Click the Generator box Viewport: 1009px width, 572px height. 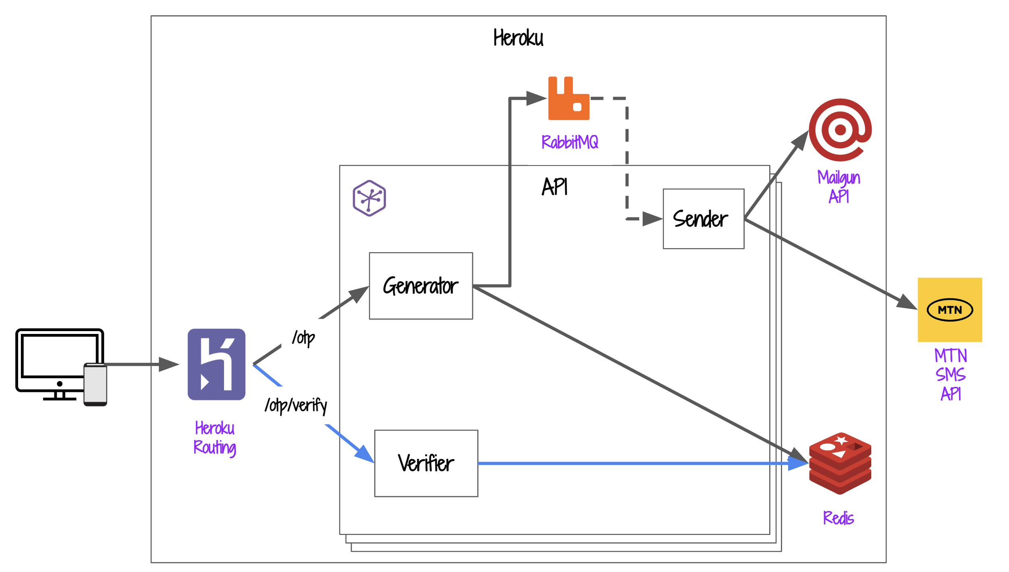(x=421, y=286)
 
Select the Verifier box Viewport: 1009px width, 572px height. (x=426, y=463)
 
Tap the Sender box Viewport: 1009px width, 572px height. (x=703, y=219)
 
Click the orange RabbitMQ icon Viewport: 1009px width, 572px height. (x=569, y=99)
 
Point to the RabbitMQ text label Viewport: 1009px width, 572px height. (x=569, y=142)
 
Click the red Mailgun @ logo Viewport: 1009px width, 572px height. (x=840, y=130)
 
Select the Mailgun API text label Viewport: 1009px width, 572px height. (x=839, y=187)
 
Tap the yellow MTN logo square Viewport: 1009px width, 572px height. (x=949, y=309)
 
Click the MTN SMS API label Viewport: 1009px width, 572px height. (x=950, y=375)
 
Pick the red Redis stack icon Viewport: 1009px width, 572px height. (x=840, y=463)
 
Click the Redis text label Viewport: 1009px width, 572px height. (x=838, y=518)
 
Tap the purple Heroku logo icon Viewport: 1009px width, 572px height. (x=216, y=364)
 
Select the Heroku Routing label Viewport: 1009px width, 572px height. (x=215, y=438)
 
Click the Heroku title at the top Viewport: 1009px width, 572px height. (x=518, y=38)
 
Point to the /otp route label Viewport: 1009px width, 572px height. (x=303, y=338)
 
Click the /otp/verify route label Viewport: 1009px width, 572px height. (x=296, y=405)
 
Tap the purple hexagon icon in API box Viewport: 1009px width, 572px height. (x=369, y=198)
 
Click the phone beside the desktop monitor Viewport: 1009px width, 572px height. (x=95, y=384)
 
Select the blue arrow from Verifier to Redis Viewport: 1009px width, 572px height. (x=637, y=463)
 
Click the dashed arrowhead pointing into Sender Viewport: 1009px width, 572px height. (x=652, y=219)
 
